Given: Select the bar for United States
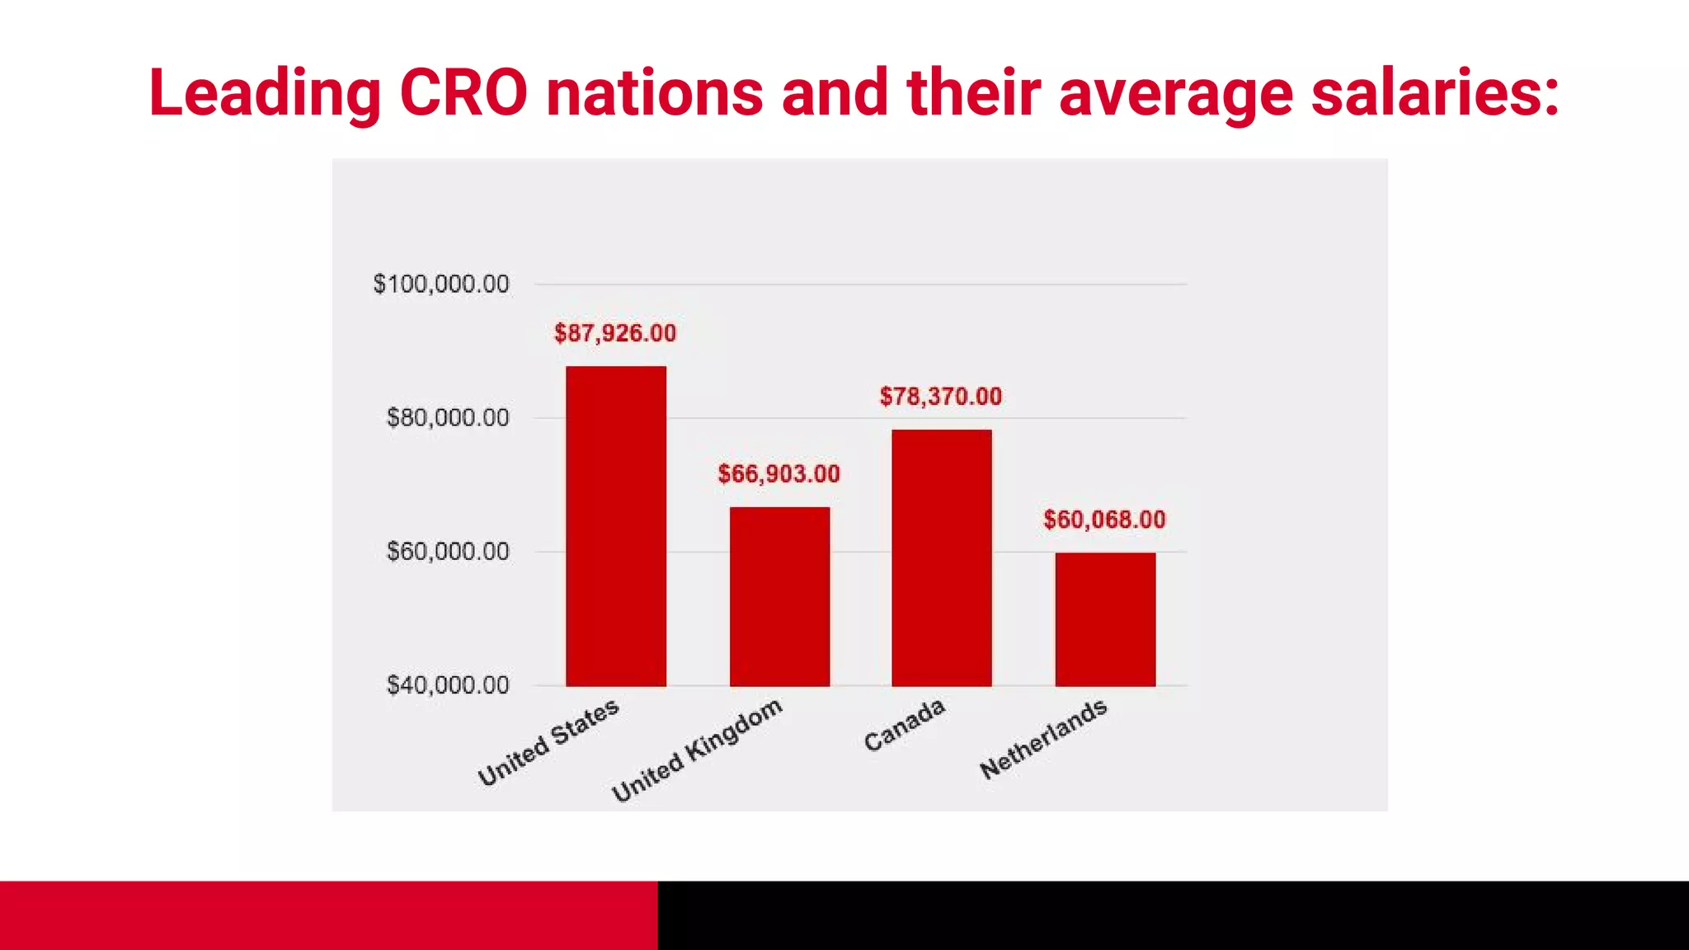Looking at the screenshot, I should (x=615, y=526).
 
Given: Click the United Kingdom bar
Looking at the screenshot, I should (x=779, y=596).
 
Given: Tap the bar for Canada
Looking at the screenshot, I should (x=941, y=557).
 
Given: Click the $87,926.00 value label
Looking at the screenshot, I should (x=615, y=333).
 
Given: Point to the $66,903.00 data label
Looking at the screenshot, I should (x=779, y=474).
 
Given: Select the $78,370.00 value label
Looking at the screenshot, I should (x=941, y=397).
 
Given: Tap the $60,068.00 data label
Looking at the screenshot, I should (x=1104, y=520).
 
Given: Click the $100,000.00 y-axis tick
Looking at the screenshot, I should (x=441, y=285).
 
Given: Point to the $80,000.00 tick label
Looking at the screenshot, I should (x=448, y=418).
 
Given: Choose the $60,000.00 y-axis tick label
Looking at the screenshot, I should (x=448, y=552).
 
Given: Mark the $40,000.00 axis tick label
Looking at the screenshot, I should (x=448, y=685).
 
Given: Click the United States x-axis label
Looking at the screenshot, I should (x=548, y=742).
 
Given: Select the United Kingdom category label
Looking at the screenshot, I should (x=697, y=750).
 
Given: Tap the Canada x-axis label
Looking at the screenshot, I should (x=905, y=725).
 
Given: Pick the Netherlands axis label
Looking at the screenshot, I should (x=1043, y=739).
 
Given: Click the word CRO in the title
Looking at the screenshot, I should (x=463, y=92).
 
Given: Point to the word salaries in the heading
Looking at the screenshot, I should (x=1435, y=92).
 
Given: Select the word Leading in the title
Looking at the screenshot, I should (x=265, y=92).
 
